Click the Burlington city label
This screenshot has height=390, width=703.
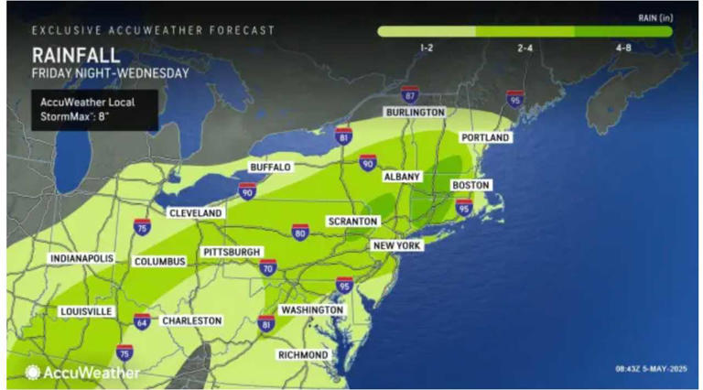(413, 112)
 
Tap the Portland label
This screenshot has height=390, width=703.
(484, 137)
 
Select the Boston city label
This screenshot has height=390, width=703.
(470, 186)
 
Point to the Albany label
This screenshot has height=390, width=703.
(402, 176)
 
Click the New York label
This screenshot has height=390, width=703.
(396, 246)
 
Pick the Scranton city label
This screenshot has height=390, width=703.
(353, 222)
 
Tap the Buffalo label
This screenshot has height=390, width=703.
(270, 168)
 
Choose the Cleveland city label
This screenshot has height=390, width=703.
(195, 213)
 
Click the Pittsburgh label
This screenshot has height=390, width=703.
(233, 252)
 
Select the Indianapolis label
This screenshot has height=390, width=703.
(82, 259)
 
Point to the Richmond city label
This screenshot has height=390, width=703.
(304, 354)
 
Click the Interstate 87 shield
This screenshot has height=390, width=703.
(410, 94)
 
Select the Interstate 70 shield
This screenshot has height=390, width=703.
(268, 268)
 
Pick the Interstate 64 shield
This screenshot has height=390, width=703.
(143, 320)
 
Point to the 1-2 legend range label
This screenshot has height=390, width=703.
(427, 48)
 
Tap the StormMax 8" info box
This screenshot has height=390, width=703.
(93, 108)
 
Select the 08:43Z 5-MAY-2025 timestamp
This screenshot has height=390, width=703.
(650, 368)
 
